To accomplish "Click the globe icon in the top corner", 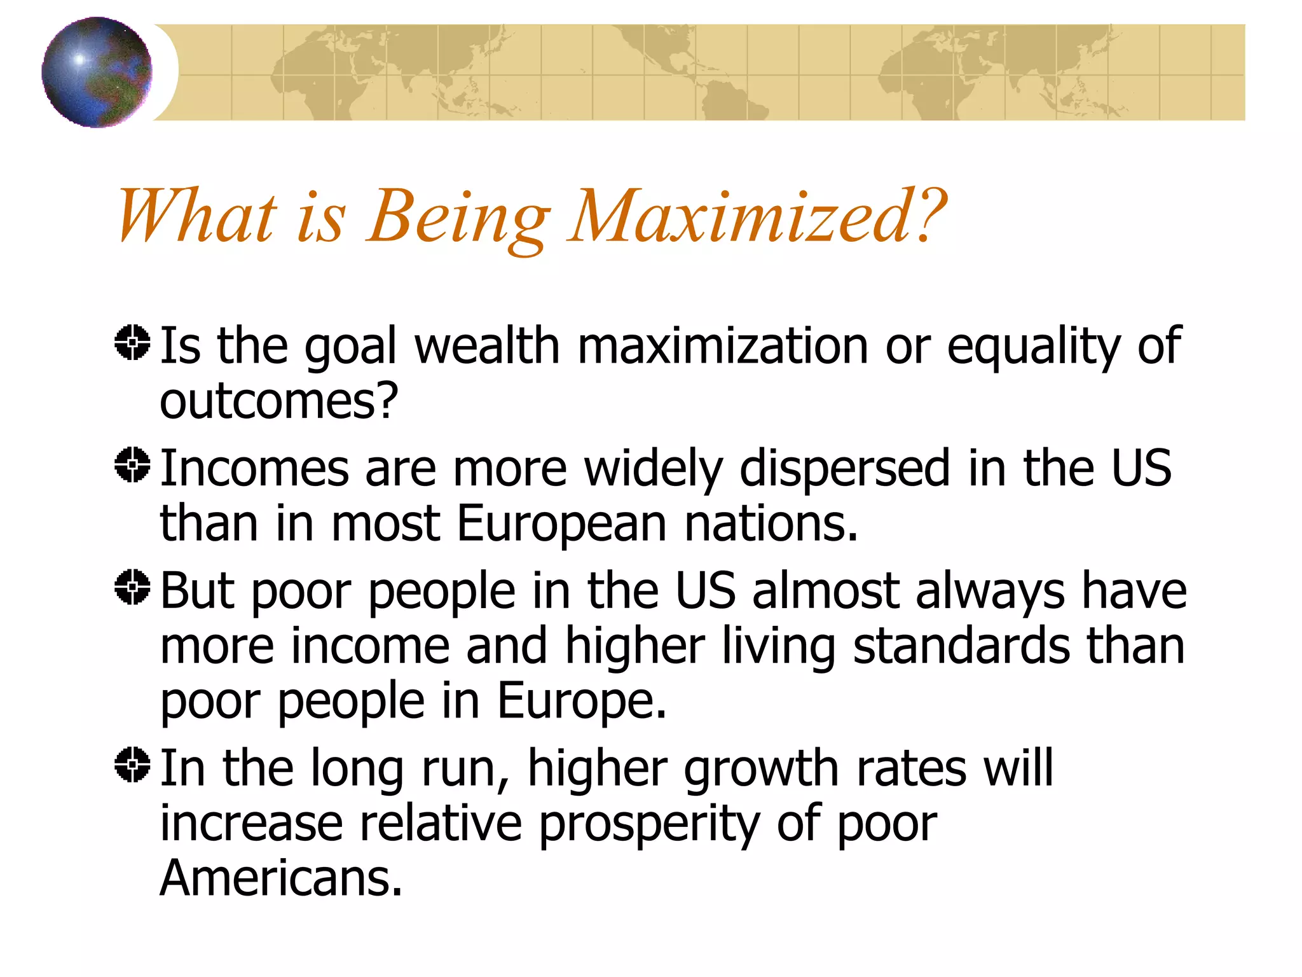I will [x=97, y=72].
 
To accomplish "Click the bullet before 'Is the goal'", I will [x=132, y=343].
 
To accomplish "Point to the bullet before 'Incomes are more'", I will [x=132, y=466].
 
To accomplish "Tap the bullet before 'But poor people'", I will [x=132, y=588].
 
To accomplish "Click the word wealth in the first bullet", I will [x=487, y=347].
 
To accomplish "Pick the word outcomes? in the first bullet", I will [x=278, y=402].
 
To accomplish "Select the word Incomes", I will [x=254, y=469].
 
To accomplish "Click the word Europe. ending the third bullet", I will [x=581, y=702].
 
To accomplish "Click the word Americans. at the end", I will [x=280, y=879].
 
